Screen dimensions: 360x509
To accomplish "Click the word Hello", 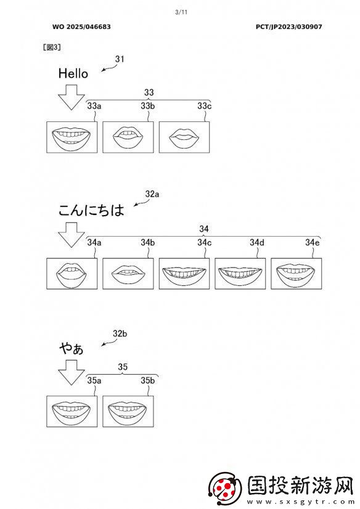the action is coord(73,73).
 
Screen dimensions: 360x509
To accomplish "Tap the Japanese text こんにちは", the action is coord(91,210).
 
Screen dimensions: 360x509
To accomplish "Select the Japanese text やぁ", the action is coord(72,349).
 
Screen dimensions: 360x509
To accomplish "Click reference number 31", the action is coord(120,59).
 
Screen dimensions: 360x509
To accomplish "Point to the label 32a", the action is coord(152,194).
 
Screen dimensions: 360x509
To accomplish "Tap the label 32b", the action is coord(120,333).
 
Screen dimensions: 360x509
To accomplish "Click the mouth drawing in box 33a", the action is coord(72,137).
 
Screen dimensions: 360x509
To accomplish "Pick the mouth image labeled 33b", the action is coord(128,137).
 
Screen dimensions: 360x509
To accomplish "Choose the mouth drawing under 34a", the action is coord(72,274).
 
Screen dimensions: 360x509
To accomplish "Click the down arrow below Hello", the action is coord(72,97).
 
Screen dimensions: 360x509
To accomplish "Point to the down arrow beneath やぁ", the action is coord(72,373).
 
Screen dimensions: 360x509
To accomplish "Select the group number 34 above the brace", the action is coord(204,229).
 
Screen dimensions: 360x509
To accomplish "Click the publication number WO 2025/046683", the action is coord(81,27).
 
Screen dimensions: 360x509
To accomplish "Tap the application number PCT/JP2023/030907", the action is coord(289,27).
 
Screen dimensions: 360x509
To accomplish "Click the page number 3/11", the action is coord(181,12).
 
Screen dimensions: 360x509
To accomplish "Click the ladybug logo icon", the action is coord(226,488).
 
